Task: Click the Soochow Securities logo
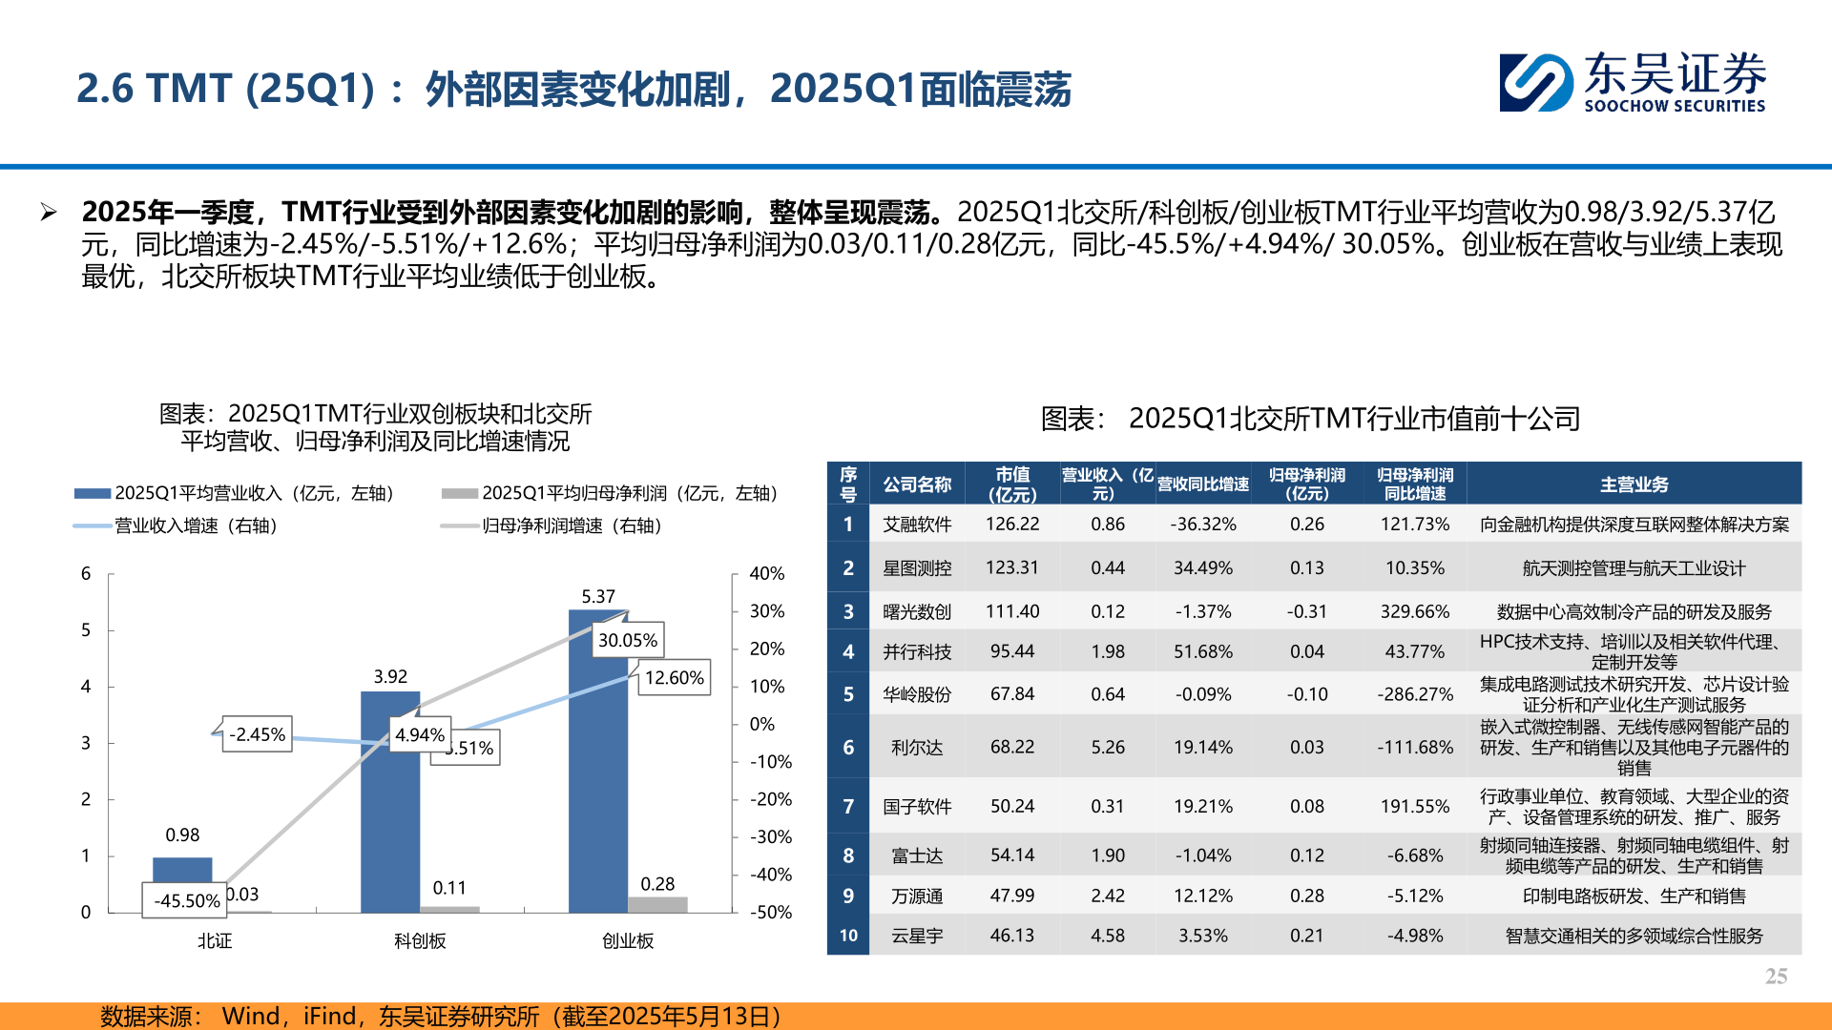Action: click(x=1632, y=83)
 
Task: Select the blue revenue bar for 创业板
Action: click(x=598, y=782)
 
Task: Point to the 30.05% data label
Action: click(x=628, y=640)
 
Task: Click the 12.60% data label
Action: click(x=674, y=677)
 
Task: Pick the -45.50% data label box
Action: click(x=186, y=900)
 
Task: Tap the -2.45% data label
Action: click(x=257, y=734)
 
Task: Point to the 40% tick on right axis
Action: click(x=766, y=573)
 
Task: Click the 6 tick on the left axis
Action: click(x=86, y=573)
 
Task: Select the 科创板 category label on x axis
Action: click(x=420, y=940)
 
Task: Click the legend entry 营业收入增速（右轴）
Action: click(x=195, y=525)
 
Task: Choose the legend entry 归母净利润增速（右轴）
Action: click(x=571, y=525)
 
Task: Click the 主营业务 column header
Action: click(x=1634, y=484)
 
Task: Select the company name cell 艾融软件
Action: click(x=916, y=524)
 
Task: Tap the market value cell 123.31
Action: click(x=1011, y=567)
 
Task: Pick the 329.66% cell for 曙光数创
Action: click(x=1414, y=611)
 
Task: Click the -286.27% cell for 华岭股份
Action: click(x=1414, y=694)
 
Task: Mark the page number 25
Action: click(x=1776, y=976)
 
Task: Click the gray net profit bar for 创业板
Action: click(x=657, y=904)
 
